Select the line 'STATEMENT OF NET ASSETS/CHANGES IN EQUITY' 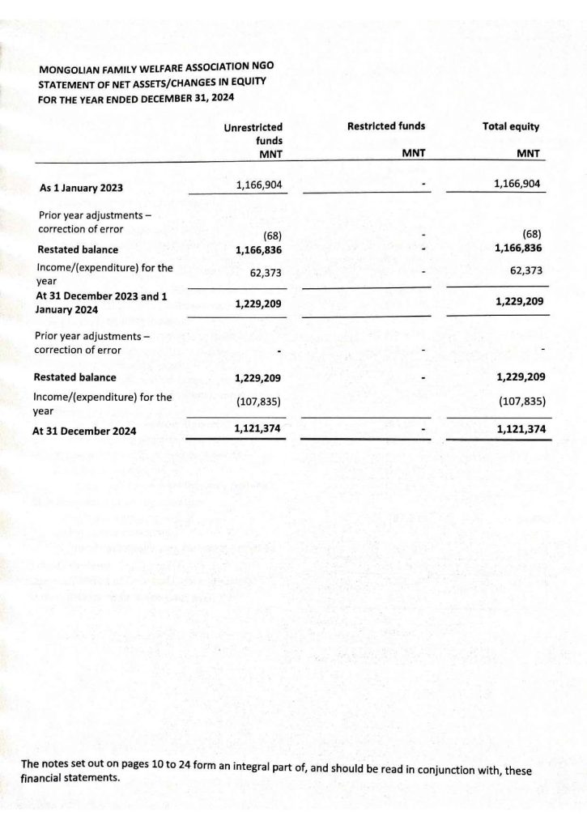151,83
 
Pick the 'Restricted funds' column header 385,126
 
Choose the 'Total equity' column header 510,127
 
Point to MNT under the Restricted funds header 414,154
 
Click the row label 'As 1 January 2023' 82,189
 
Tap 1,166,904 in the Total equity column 517,185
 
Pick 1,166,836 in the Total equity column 517,249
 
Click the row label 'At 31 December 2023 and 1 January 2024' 102,303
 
